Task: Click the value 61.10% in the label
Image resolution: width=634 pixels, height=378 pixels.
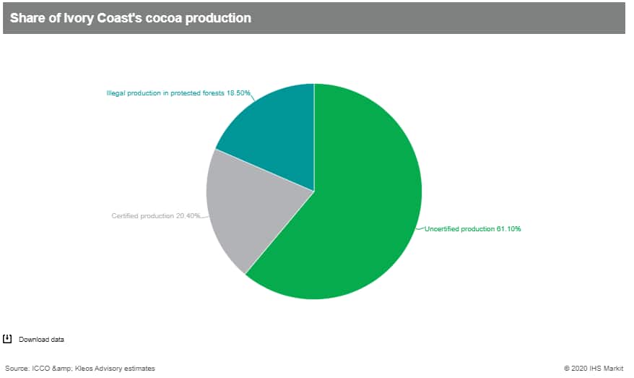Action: click(508, 228)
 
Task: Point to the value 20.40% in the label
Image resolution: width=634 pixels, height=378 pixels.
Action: click(188, 215)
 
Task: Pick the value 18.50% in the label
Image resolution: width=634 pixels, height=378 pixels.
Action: click(238, 93)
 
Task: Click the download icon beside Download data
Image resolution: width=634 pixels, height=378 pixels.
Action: click(7, 339)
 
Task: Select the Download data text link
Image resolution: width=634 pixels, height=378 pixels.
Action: click(41, 340)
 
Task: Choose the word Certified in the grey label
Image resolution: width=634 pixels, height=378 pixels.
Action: click(125, 215)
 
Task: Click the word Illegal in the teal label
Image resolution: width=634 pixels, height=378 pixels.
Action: click(116, 93)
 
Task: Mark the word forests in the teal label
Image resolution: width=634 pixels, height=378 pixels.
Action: click(213, 93)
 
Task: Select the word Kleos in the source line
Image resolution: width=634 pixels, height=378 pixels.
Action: click(83, 369)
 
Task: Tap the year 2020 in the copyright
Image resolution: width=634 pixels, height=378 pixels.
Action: click(579, 369)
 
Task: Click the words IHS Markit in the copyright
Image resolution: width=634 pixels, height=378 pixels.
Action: click(607, 369)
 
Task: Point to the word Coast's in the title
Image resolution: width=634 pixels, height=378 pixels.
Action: click(120, 18)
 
